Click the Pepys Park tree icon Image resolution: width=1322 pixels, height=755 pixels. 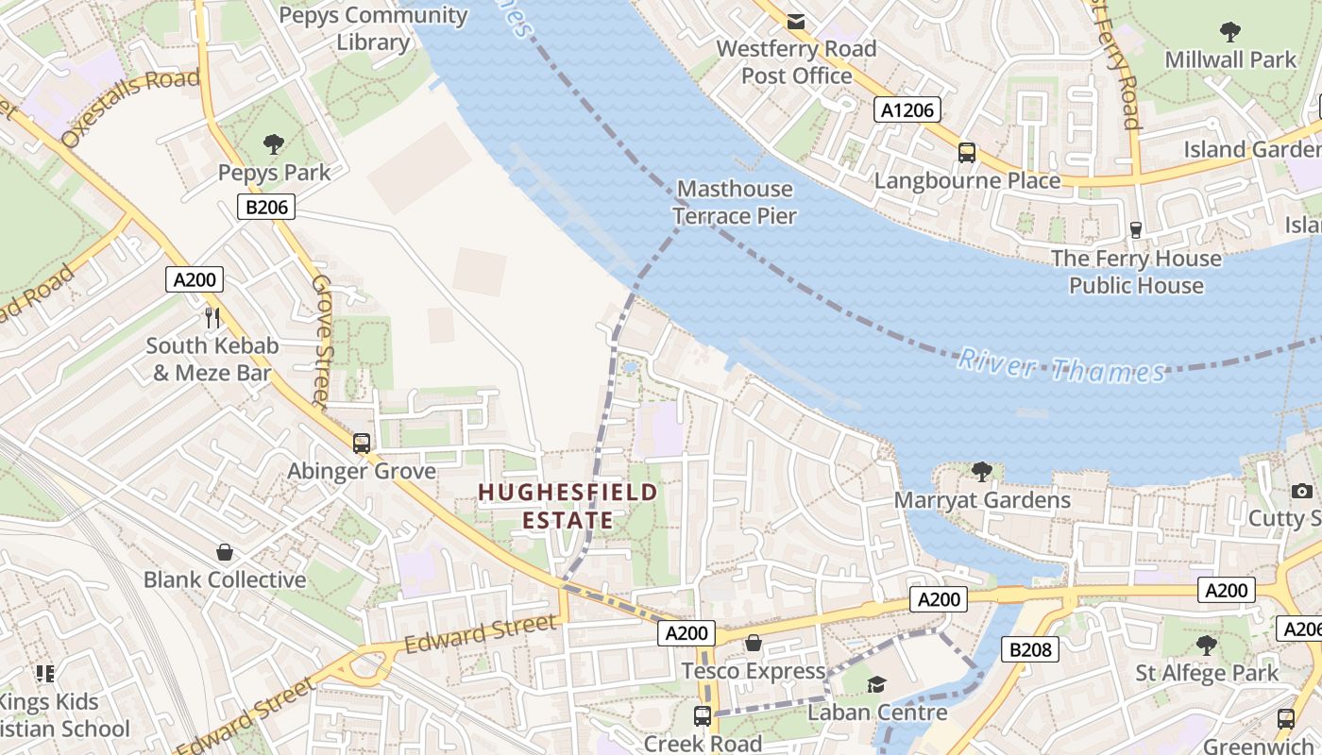pyautogui.click(x=274, y=144)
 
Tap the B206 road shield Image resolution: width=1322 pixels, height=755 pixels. pyautogui.click(x=265, y=207)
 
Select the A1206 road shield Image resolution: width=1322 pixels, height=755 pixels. pyautogui.click(x=907, y=110)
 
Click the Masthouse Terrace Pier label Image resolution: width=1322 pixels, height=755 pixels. pyautogui.click(x=736, y=202)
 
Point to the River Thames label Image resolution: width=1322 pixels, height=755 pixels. pyautogui.click(x=1061, y=366)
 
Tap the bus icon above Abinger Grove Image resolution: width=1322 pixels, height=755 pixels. pyautogui.click(x=361, y=443)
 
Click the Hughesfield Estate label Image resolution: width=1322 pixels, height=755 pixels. pyautogui.click(x=568, y=506)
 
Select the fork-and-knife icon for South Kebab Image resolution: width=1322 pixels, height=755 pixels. pyautogui.click(x=212, y=317)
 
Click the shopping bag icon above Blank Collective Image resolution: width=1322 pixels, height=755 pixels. pyautogui.click(x=225, y=552)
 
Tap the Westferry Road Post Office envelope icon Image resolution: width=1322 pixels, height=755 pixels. pyautogui.click(x=796, y=21)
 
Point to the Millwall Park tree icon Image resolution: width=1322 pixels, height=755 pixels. pyautogui.click(x=1229, y=32)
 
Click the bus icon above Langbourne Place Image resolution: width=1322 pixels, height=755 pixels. pyautogui.click(x=967, y=152)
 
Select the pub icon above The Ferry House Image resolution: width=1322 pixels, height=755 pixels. pyautogui.click(x=1136, y=229)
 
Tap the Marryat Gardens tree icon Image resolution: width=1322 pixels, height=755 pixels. pyautogui.click(x=982, y=471)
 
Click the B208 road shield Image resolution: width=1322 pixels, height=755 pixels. pyautogui.click(x=1029, y=649)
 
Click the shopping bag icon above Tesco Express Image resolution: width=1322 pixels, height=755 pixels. pyautogui.click(x=754, y=644)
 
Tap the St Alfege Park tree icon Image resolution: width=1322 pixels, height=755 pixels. pyautogui.click(x=1206, y=646)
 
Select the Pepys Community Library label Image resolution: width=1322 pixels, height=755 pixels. pyautogui.click(x=373, y=28)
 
